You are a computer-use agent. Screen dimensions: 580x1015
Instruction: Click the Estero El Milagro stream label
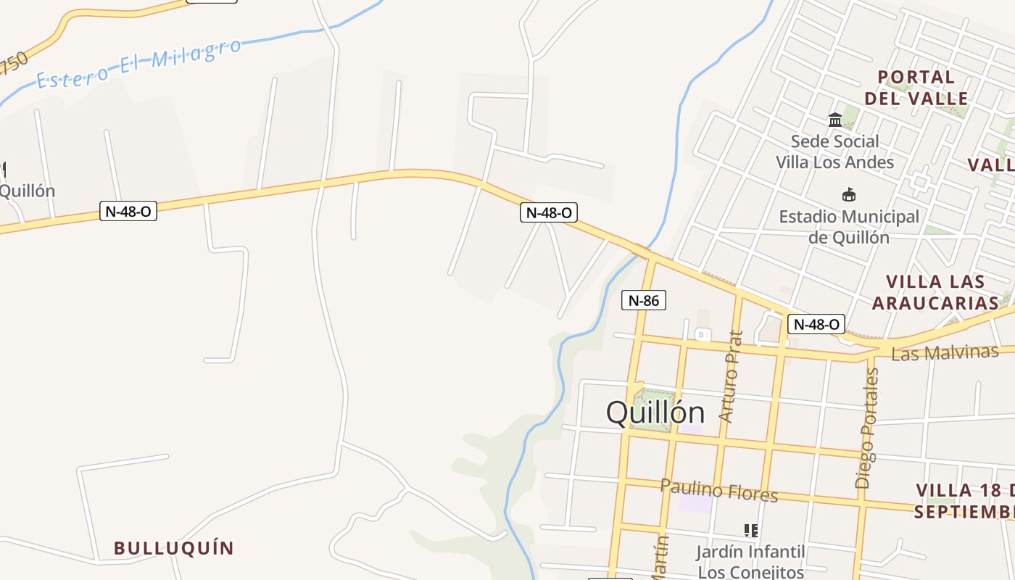138,65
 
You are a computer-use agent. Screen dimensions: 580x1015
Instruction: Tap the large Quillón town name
655,413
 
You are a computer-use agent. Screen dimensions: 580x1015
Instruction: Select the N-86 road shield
643,300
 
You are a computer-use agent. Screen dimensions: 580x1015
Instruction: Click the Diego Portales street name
867,428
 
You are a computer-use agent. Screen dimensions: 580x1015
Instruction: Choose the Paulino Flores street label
718,490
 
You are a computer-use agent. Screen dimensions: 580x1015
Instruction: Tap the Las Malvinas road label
945,353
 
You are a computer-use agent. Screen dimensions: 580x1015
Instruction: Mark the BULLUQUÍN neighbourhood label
174,548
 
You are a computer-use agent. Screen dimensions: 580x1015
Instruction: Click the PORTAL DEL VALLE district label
916,88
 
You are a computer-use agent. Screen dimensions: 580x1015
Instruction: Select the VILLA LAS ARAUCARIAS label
935,292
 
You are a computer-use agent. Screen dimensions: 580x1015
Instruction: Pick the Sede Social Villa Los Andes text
835,152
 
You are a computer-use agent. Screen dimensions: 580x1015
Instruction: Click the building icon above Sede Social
835,120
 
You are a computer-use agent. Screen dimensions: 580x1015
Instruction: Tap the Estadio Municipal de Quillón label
849,227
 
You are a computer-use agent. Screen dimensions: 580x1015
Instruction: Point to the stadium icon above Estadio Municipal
849,194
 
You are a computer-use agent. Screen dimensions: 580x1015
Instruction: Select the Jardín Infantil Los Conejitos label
751,562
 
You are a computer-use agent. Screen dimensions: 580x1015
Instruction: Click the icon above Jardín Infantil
751,531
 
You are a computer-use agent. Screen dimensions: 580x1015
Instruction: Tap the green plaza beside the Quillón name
654,410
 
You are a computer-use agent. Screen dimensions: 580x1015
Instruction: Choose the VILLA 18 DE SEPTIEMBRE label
964,501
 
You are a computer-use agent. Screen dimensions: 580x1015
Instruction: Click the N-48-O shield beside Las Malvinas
816,324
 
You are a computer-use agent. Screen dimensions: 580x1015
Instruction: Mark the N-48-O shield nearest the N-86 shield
549,212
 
